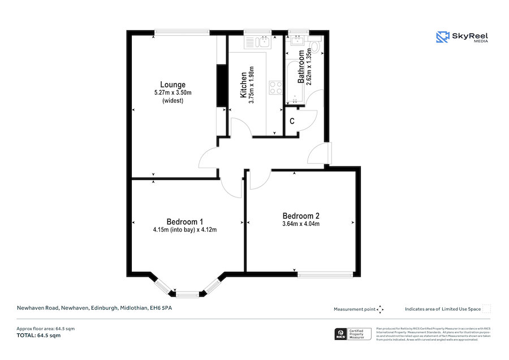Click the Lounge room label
[x=172, y=85]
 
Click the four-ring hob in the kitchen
[x=275, y=88]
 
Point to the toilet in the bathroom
[x=315, y=45]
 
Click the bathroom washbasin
[x=296, y=40]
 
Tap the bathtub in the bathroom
[x=294, y=79]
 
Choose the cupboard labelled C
[x=292, y=121]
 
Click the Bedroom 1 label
[x=184, y=221]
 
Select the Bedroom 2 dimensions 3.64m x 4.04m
[x=301, y=224]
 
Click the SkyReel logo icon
[x=442, y=37]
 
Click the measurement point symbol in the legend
[x=380, y=309]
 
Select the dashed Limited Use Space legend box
[x=486, y=308]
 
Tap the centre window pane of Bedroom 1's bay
[x=188, y=294]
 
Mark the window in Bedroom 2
[x=326, y=275]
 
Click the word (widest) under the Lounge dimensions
[x=172, y=101]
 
